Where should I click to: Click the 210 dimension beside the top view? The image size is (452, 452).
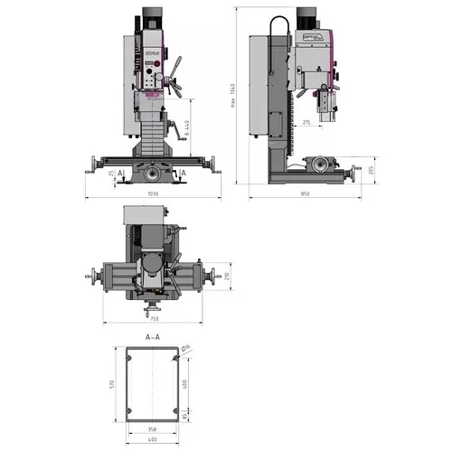point(228,275)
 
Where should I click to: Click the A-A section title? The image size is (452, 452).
point(153,335)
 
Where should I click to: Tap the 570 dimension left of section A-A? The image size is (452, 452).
point(111,385)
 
